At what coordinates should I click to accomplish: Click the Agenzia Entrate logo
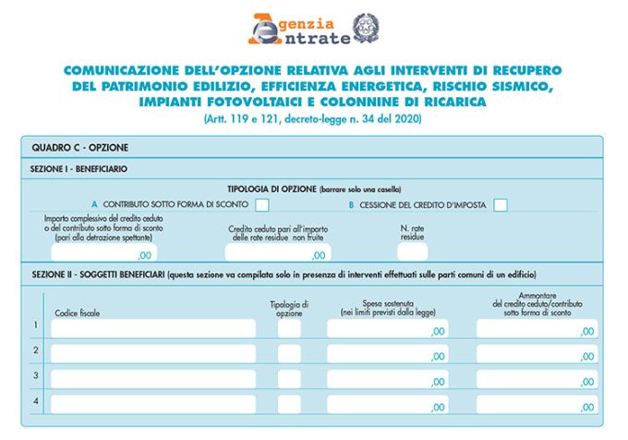click(x=299, y=29)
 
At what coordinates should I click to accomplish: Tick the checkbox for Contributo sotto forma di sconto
click(x=262, y=204)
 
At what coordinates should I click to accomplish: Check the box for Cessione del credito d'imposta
click(x=501, y=204)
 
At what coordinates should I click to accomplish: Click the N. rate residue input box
click(x=412, y=251)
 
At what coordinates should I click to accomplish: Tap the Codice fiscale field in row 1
click(x=152, y=328)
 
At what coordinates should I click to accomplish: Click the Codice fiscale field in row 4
click(x=152, y=404)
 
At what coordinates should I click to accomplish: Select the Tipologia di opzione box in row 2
click(x=289, y=353)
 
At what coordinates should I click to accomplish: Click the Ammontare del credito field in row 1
click(x=537, y=328)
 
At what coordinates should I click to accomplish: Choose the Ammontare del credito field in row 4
click(x=537, y=404)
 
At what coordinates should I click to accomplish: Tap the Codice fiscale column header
click(x=78, y=312)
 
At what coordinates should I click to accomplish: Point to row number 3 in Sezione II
click(x=35, y=375)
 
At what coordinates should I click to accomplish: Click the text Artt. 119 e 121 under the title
click(x=313, y=119)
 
